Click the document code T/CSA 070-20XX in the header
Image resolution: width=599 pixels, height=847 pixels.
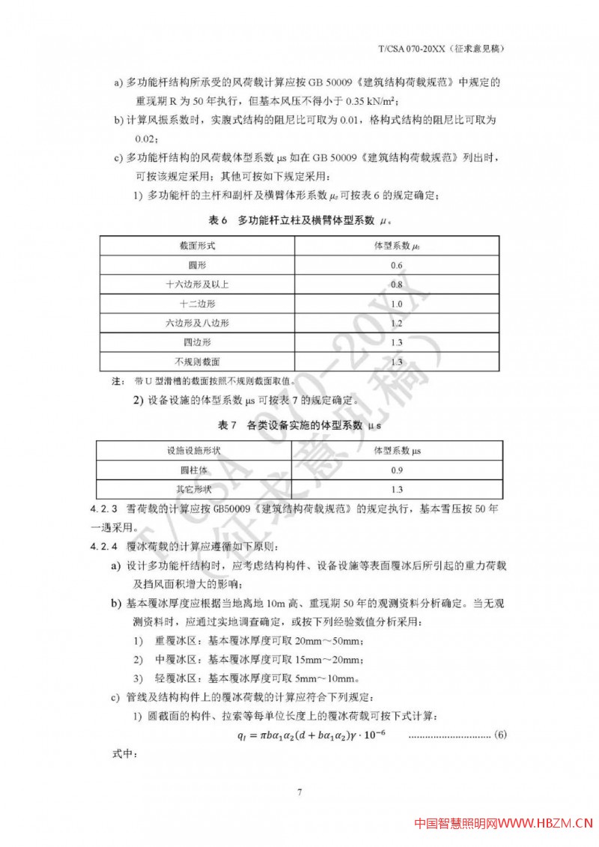[410, 49]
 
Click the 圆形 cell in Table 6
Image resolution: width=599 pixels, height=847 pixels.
[197, 266]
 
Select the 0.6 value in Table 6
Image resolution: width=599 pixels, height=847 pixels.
[397, 266]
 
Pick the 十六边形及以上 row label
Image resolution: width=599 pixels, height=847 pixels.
[197, 285]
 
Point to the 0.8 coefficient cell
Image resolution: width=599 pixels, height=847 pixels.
[397, 285]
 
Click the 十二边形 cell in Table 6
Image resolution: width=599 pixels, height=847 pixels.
[197, 304]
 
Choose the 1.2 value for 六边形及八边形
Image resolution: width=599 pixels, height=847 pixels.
[397, 324]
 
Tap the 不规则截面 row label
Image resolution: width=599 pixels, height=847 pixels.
[197, 362]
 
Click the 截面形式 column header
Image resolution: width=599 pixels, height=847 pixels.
[197, 246]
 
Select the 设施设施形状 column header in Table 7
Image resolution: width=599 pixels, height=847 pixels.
[197, 451]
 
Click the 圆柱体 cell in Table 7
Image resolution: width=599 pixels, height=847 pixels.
[197, 470]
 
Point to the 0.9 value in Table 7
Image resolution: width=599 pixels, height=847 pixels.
[397, 470]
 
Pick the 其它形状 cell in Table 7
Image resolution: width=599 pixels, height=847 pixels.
[197, 490]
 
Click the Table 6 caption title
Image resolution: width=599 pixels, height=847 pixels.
[299, 221]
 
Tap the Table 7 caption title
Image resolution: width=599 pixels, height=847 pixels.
[299, 425]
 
